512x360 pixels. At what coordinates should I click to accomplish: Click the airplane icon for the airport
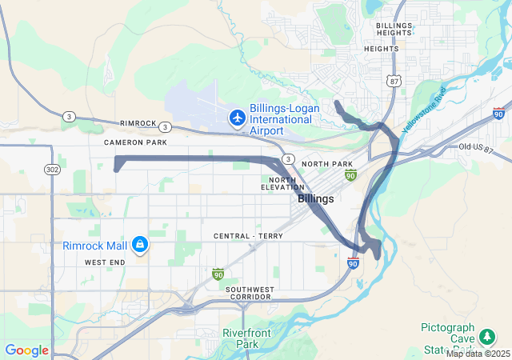[237, 118]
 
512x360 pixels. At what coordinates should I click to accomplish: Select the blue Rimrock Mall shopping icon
[139, 243]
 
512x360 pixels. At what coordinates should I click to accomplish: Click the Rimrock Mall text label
[94, 245]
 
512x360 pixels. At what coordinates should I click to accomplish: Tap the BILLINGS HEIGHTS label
[394, 30]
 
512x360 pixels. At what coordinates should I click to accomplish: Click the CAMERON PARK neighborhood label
[135, 142]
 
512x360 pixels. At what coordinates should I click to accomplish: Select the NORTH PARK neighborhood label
[327, 164]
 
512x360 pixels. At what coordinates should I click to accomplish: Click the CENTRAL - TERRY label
[248, 237]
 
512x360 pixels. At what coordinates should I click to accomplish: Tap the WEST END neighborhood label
[105, 262]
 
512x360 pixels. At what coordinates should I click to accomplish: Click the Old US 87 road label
[478, 147]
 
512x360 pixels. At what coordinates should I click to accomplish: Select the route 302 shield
[53, 170]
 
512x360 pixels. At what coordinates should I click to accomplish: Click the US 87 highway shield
[392, 81]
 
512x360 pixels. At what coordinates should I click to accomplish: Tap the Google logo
[27, 350]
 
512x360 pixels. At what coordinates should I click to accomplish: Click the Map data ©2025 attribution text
[478, 354]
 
